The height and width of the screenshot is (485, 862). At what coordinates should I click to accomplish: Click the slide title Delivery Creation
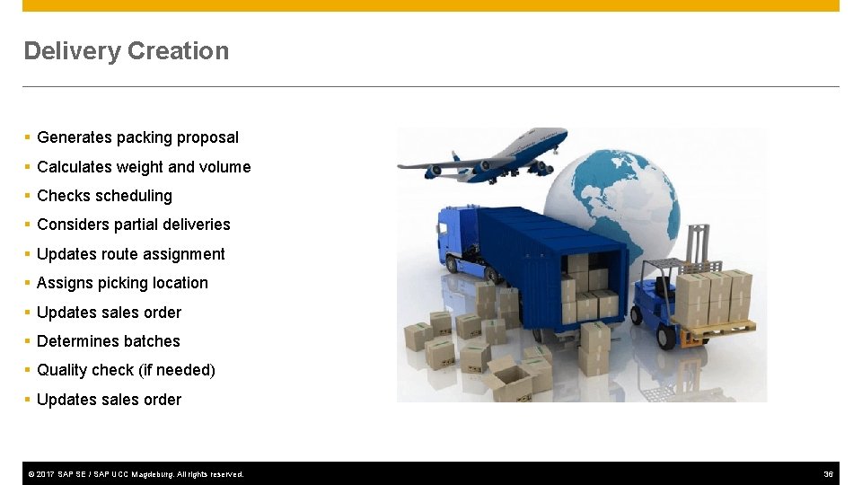(x=127, y=51)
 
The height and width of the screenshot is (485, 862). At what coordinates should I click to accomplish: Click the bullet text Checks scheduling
(x=104, y=196)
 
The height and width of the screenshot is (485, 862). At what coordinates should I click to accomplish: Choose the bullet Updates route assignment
(x=130, y=254)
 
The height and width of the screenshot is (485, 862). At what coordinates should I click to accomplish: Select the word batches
(x=154, y=341)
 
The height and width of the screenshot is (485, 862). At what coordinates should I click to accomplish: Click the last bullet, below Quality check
(x=109, y=400)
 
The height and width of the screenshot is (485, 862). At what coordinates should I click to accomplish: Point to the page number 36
(x=828, y=473)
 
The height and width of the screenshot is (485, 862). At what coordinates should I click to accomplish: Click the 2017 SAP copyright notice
(x=136, y=473)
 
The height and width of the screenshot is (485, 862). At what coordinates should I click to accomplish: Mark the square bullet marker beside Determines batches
(x=28, y=341)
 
